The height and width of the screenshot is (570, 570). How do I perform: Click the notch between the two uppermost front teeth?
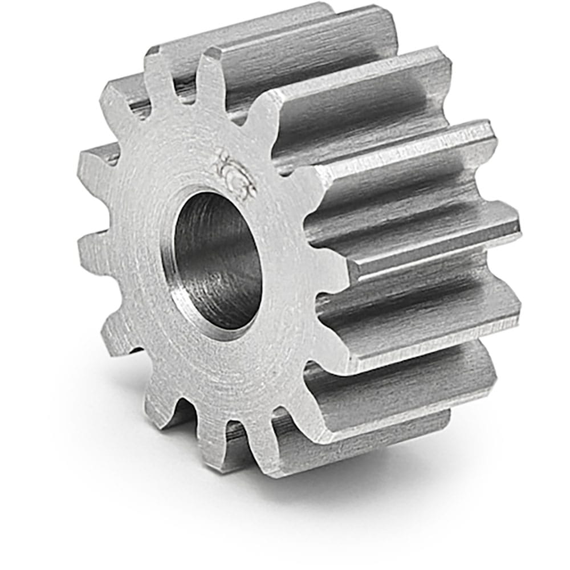click(x=188, y=91)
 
